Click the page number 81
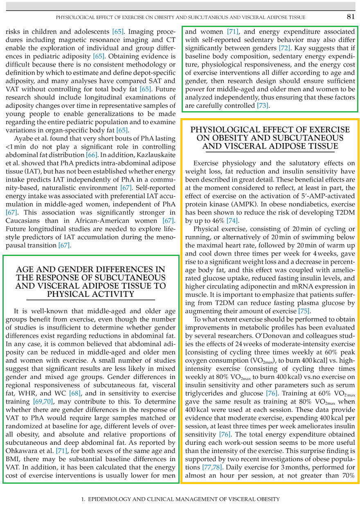click(350, 17)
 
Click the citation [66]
click(92, 155)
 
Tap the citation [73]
click(263, 105)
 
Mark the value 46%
click(217, 221)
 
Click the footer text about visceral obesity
click(180, 499)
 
